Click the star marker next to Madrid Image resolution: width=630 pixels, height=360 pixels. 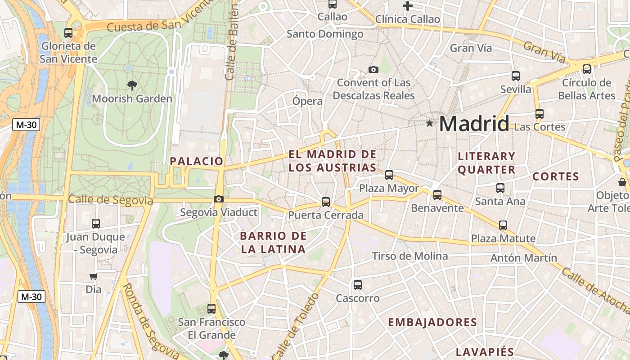click(x=430, y=123)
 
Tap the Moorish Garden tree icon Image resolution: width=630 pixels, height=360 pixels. click(x=132, y=85)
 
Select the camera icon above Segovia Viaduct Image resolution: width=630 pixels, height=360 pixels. click(x=219, y=199)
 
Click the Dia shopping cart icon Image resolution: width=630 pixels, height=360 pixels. click(x=94, y=276)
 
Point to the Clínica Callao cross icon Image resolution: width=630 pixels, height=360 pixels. click(x=408, y=6)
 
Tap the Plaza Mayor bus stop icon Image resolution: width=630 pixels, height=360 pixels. click(x=389, y=175)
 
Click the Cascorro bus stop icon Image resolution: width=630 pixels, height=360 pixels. click(x=358, y=285)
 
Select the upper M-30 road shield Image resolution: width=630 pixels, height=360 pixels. click(x=26, y=125)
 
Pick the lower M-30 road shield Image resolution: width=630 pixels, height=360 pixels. click(x=31, y=297)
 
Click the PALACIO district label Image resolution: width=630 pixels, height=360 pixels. click(x=197, y=161)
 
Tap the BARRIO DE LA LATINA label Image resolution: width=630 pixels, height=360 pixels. click(x=273, y=243)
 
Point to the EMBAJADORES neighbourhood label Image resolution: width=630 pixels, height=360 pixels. click(x=432, y=322)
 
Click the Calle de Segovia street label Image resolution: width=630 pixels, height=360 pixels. click(x=110, y=199)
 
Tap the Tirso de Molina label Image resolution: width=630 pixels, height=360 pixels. click(x=409, y=256)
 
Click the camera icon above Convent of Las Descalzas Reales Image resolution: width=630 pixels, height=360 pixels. click(x=373, y=69)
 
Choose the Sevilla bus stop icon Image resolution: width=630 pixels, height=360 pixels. click(x=516, y=76)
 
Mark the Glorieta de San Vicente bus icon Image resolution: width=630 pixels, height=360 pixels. click(x=68, y=33)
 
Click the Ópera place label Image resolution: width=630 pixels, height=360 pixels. click(x=307, y=101)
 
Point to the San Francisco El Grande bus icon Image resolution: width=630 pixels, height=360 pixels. click(x=211, y=309)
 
